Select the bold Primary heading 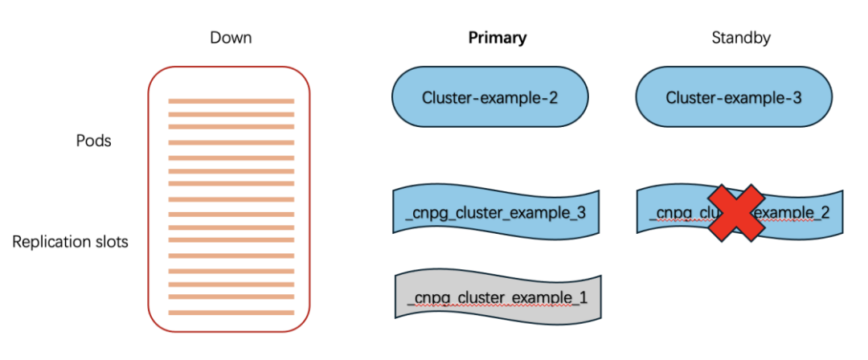tap(497, 38)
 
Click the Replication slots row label tap(70, 241)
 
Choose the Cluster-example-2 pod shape tap(489, 97)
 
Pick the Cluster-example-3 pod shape tap(734, 97)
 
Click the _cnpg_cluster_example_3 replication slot tap(496, 213)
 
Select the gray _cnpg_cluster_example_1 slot tap(497, 297)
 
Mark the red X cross tap(736, 211)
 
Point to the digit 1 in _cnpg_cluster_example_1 tap(583, 299)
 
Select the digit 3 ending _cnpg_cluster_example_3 tap(580, 215)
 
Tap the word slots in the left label tap(109, 241)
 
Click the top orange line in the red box tap(231, 101)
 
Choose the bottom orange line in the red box tap(231, 312)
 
